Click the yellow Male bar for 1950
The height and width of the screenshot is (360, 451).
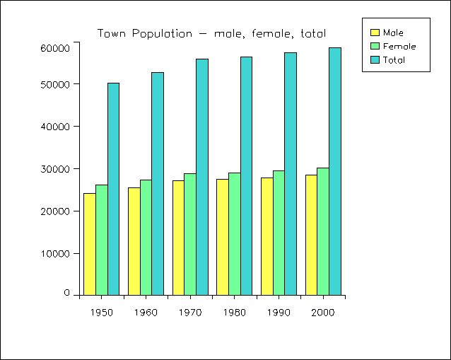point(89,243)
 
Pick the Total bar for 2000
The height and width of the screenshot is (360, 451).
point(335,170)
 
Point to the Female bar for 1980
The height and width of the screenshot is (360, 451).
point(234,233)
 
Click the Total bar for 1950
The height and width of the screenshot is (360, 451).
point(113,188)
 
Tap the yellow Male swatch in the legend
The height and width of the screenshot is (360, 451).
point(374,33)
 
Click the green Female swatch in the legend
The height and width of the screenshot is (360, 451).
point(374,46)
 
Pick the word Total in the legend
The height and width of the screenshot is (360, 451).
point(394,60)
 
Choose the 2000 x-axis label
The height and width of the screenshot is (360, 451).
point(323,312)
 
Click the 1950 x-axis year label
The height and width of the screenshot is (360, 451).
point(102,312)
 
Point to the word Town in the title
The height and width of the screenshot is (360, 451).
point(110,33)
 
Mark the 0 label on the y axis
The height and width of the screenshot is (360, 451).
point(67,293)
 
